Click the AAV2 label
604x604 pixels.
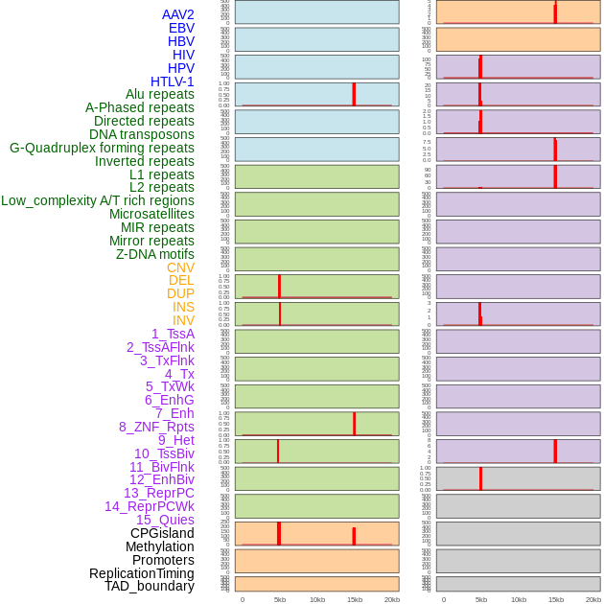(178, 14)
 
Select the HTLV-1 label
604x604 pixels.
(173, 81)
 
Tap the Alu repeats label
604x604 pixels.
(160, 94)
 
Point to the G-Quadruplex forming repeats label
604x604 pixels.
(102, 148)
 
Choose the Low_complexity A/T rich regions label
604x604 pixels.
(98, 200)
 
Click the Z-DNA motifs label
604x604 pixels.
(155, 254)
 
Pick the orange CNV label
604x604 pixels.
(180, 267)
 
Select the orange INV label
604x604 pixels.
(183, 320)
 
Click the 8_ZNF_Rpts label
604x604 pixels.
(156, 427)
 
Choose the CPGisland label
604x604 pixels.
(162, 533)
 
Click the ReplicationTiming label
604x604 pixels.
(141, 573)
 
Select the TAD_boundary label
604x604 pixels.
(150, 586)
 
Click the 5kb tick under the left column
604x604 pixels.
(280, 599)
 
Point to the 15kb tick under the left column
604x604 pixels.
(355, 599)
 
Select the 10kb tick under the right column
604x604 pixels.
(519, 599)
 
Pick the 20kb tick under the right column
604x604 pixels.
(593, 599)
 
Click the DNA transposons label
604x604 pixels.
(142, 134)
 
